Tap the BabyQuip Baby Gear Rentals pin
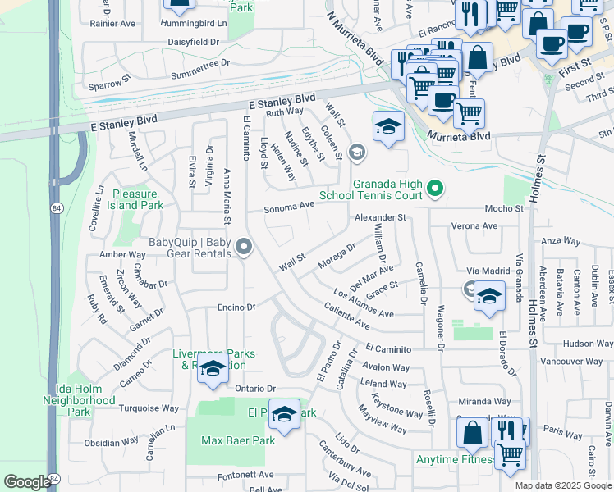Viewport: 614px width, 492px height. click(244, 246)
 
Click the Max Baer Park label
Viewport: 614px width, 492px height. click(238, 440)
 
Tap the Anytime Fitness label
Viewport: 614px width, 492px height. click(454, 460)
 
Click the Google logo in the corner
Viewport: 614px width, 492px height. click(26, 482)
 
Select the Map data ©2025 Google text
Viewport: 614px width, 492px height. click(562, 485)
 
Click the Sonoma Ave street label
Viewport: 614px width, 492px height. click(289, 207)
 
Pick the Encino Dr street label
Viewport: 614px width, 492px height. click(237, 307)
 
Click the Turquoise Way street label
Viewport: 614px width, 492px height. click(149, 408)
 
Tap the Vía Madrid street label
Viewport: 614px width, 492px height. click(483, 271)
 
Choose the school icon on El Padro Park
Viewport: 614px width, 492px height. click(285, 415)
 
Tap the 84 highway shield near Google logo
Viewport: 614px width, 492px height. click(54, 477)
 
